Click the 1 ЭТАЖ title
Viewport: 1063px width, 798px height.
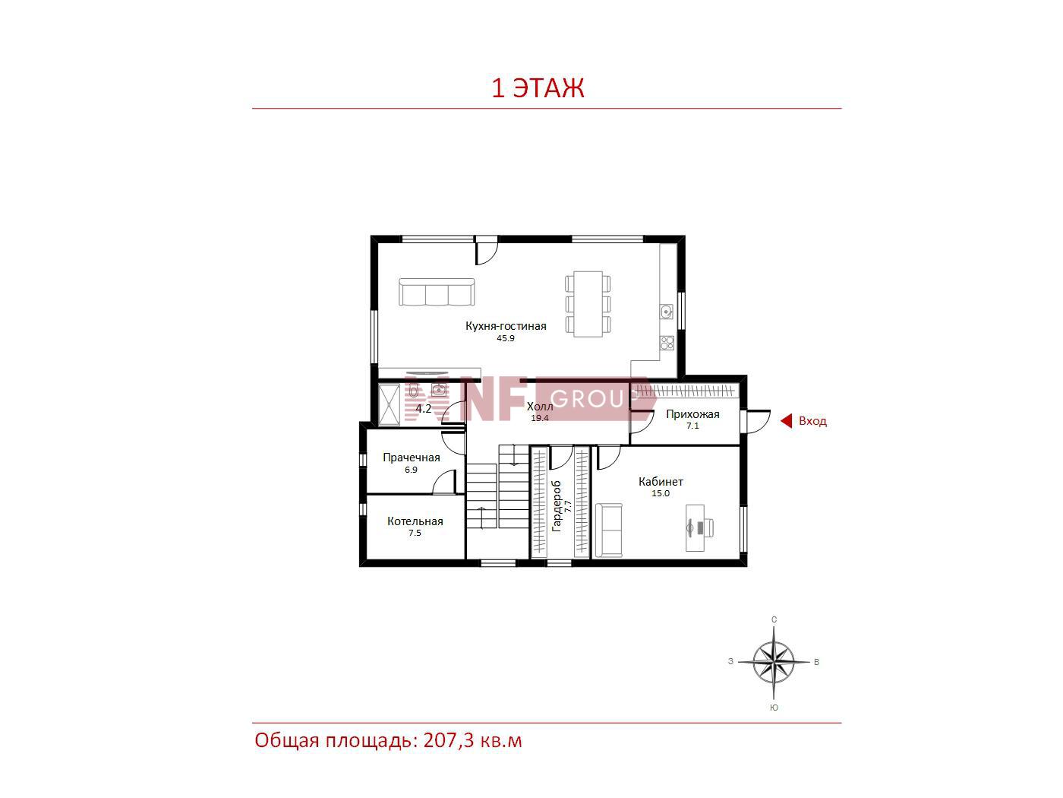[x=538, y=87]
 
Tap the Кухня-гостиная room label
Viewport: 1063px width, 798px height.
[x=506, y=325]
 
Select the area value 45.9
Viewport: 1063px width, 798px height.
[x=506, y=338]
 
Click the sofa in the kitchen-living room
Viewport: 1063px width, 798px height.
[x=437, y=292]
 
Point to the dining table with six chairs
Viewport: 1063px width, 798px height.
[x=588, y=304]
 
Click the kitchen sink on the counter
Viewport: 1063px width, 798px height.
[x=667, y=311]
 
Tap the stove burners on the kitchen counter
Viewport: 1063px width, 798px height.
[x=667, y=343]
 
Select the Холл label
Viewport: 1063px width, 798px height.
[x=540, y=406]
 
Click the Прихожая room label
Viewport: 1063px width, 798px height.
[x=692, y=413]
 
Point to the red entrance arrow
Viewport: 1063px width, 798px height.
[x=786, y=420]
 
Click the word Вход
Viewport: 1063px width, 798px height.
[x=812, y=421]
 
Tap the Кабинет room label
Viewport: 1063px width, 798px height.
[x=661, y=482]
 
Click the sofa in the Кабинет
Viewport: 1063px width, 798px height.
[x=608, y=530]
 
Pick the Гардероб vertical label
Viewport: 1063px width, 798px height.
[x=556, y=506]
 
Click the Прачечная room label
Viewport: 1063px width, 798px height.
[x=412, y=458]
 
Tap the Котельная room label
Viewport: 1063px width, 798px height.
[x=415, y=521]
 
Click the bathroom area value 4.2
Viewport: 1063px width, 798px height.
[x=423, y=408]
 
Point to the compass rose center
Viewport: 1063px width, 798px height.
[x=774, y=662]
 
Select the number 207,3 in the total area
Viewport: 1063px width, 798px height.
[x=448, y=741]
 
